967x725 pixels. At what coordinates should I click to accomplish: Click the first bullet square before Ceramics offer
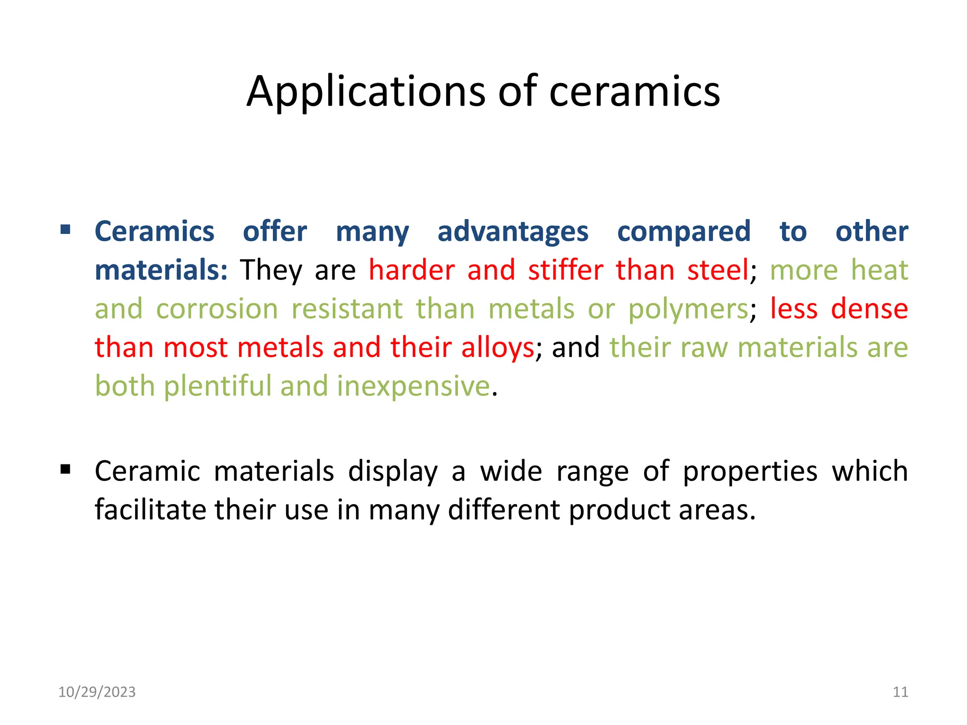(x=66, y=230)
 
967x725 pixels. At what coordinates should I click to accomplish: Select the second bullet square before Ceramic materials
(x=66, y=470)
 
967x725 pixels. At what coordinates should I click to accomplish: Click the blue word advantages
(x=513, y=232)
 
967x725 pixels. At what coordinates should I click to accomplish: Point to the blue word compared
(x=684, y=232)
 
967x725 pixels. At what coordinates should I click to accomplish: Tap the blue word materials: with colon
(x=161, y=270)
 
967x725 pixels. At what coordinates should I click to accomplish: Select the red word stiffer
(x=565, y=270)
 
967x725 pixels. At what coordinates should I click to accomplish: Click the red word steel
(x=717, y=270)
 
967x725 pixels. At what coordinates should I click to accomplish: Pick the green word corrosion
(x=217, y=309)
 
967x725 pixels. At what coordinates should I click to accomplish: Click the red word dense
(x=869, y=309)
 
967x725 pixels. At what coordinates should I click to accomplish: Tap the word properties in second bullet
(x=750, y=472)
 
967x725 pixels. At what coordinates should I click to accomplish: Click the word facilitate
(x=150, y=510)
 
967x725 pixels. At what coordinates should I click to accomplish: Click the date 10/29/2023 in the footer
(x=97, y=692)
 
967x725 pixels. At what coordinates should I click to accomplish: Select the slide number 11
(x=900, y=692)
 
